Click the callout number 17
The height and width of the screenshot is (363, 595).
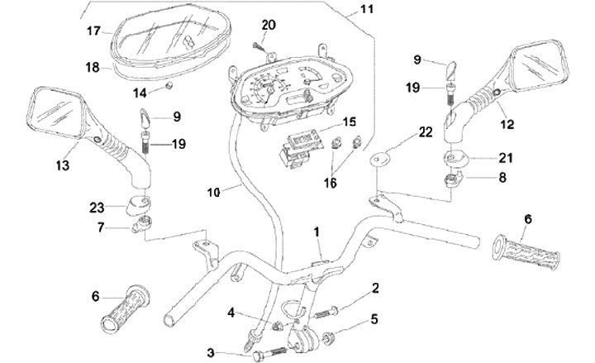tap(93, 31)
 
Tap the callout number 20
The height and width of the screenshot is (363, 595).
tap(269, 23)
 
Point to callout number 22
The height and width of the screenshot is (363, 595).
tap(426, 132)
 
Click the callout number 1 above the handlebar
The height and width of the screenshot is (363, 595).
tap(318, 232)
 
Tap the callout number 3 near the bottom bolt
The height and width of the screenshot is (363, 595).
tap(211, 353)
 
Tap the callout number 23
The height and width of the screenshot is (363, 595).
tap(98, 207)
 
